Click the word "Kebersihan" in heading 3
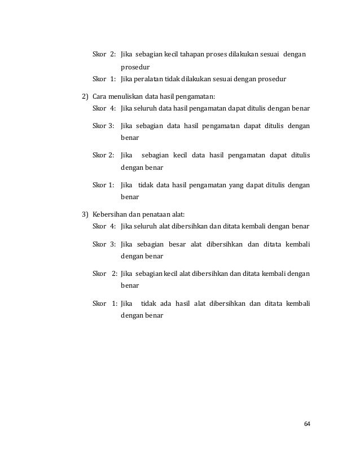click(x=112, y=214)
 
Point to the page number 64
click(x=307, y=424)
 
